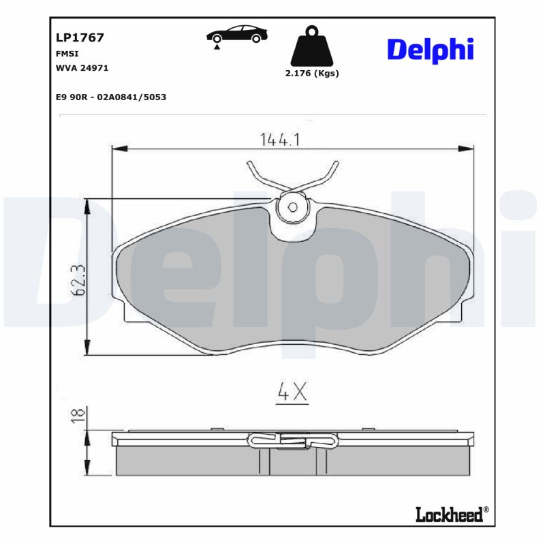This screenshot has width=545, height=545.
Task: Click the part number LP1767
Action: (80, 38)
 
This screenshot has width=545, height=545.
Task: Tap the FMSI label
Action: (67, 53)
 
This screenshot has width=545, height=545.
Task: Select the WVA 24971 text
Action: (82, 68)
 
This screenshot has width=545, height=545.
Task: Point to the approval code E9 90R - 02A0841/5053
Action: (111, 97)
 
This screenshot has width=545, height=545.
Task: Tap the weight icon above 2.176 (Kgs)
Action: (312, 46)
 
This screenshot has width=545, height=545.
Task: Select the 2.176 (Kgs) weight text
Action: (312, 74)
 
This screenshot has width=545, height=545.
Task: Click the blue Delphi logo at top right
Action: (430, 50)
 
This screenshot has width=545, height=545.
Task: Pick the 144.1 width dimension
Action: (280, 140)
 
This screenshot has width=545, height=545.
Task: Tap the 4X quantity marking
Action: (293, 391)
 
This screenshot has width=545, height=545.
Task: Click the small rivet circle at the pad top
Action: (293, 208)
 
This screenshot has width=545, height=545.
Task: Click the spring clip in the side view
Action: (293, 440)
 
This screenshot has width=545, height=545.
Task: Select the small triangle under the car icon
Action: (217, 48)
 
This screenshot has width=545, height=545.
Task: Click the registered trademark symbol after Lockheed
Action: (486, 510)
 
